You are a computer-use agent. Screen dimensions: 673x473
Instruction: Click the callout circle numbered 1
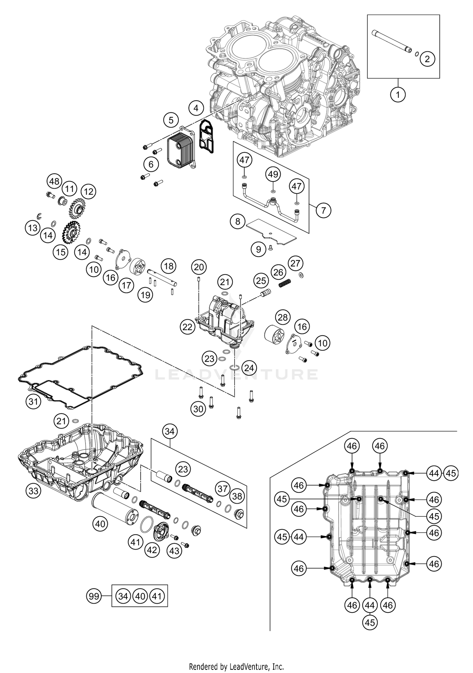[x=398, y=94]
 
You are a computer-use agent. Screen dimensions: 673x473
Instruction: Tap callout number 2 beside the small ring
[x=427, y=59]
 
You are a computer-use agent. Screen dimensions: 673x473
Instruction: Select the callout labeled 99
[x=94, y=596]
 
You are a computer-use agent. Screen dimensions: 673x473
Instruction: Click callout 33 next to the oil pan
[x=33, y=491]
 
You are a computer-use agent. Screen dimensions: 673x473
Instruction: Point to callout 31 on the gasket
[x=33, y=402]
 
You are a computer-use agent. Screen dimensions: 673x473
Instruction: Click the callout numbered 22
[x=187, y=327]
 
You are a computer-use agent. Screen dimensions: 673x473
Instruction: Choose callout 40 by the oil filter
[x=100, y=524]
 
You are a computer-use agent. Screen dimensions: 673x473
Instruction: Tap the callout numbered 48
[x=54, y=181]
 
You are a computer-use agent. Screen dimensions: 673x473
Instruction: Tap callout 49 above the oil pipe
[x=273, y=174]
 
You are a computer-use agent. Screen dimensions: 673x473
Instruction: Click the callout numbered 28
[x=283, y=317]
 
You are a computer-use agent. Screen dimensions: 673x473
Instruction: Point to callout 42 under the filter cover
[x=152, y=550]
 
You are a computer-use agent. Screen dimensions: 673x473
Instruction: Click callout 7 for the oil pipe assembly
[x=323, y=210]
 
